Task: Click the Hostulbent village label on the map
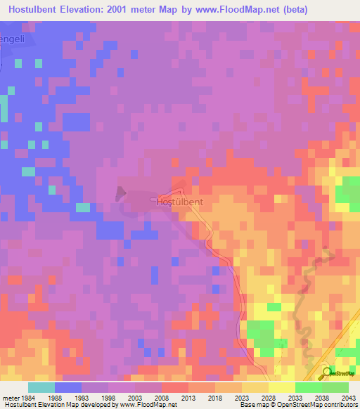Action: coord(179,202)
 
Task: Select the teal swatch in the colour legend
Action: coord(41,387)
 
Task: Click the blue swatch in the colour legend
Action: coord(68,387)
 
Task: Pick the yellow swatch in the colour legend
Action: coord(282,387)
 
